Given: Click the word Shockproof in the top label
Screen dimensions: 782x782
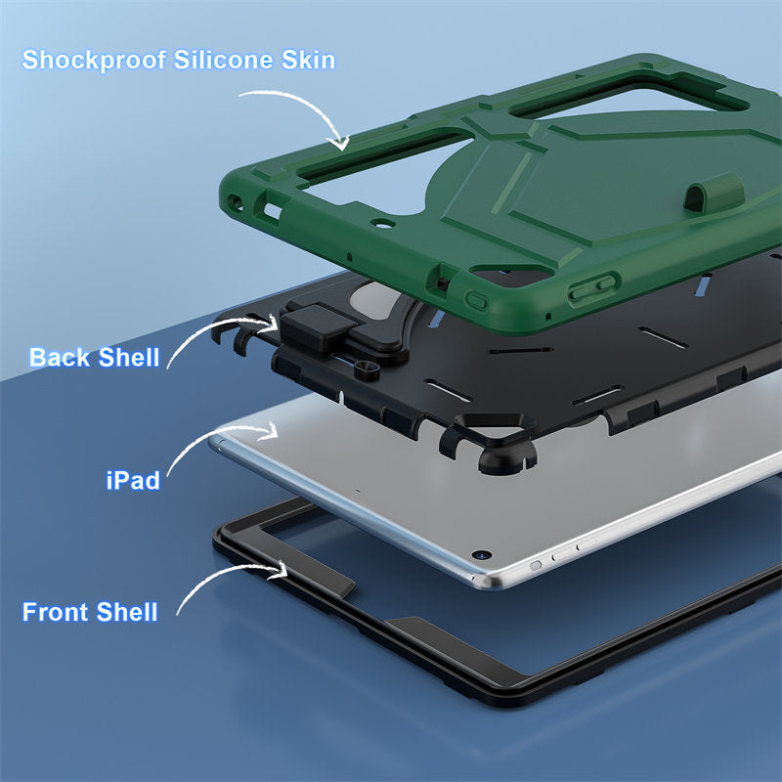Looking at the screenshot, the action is tap(94, 61).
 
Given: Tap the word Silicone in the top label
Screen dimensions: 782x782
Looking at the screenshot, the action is tap(224, 60).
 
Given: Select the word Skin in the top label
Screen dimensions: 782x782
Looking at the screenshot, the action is tap(308, 60).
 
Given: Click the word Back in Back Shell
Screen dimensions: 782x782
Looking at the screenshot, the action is tap(60, 357).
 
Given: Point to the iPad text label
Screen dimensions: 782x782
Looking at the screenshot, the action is tap(133, 480).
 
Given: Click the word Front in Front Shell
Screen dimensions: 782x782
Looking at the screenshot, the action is tap(56, 612).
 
